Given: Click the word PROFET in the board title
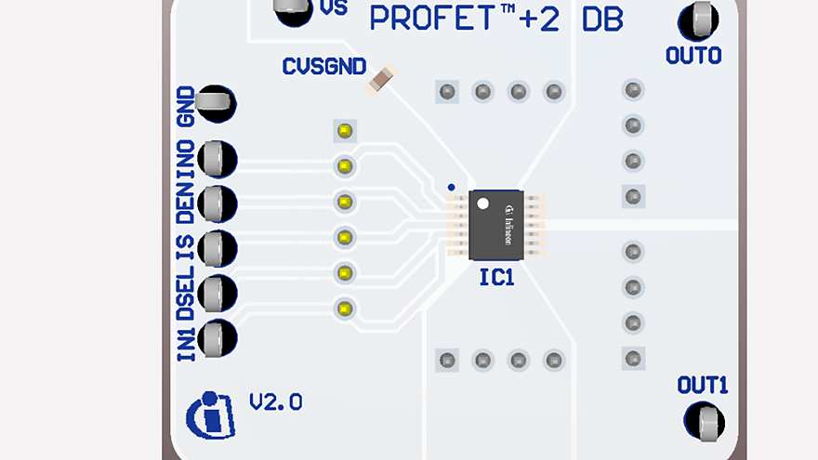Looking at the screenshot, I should point(432,18).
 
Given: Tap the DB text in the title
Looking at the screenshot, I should point(601,19).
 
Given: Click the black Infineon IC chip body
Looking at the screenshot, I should point(496,225).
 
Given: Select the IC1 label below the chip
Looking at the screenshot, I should point(496,277).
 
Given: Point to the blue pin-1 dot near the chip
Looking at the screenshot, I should point(451,187).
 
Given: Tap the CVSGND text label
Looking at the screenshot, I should point(323,67).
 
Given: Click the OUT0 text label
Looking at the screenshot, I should point(693,56).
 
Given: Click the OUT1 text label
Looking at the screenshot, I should point(703,385).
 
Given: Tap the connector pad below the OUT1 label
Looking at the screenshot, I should point(704,422).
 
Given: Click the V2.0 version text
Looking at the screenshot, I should point(275,402).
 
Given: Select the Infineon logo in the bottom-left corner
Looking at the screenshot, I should point(211,415).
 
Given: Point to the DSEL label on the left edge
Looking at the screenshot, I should point(185,290).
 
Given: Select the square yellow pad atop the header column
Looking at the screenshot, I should point(345,130).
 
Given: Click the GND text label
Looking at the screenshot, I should point(185,103).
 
